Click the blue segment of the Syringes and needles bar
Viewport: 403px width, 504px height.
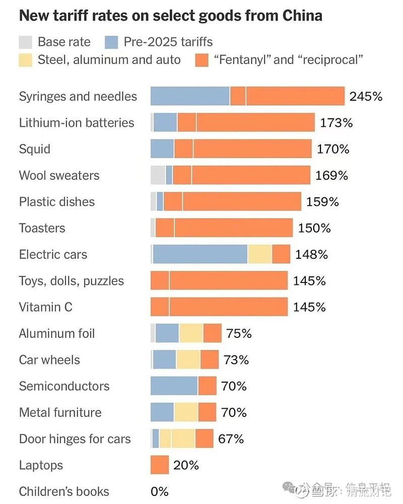(x=190, y=96)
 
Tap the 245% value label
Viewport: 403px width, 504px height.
(x=366, y=96)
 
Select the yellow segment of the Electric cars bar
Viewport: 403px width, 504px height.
(x=259, y=254)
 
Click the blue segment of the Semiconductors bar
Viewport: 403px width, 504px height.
(x=174, y=386)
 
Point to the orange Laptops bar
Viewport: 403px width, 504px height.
(x=160, y=465)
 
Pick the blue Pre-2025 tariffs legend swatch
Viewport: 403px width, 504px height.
(x=112, y=42)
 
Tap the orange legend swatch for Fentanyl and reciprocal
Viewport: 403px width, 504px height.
(x=201, y=60)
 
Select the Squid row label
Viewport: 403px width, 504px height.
(x=35, y=149)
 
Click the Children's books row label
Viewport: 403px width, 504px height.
(x=64, y=491)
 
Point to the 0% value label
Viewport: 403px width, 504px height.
(x=159, y=491)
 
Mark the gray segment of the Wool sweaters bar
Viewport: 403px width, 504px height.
(x=158, y=175)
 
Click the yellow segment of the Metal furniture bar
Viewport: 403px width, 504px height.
(x=186, y=412)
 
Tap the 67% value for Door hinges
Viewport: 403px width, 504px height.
(x=231, y=439)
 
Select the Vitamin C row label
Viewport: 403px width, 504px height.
(x=45, y=307)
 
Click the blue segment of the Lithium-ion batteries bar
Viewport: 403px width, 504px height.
(x=165, y=122)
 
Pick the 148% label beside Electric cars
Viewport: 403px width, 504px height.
(x=311, y=254)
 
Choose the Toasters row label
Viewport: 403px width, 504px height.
(x=42, y=228)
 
